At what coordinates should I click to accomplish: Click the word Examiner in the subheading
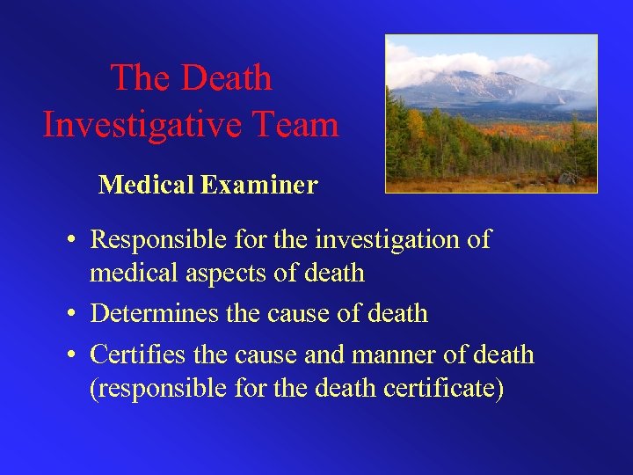(x=259, y=185)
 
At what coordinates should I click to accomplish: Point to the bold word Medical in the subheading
(x=147, y=185)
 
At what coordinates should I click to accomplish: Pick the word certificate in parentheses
(x=444, y=388)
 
